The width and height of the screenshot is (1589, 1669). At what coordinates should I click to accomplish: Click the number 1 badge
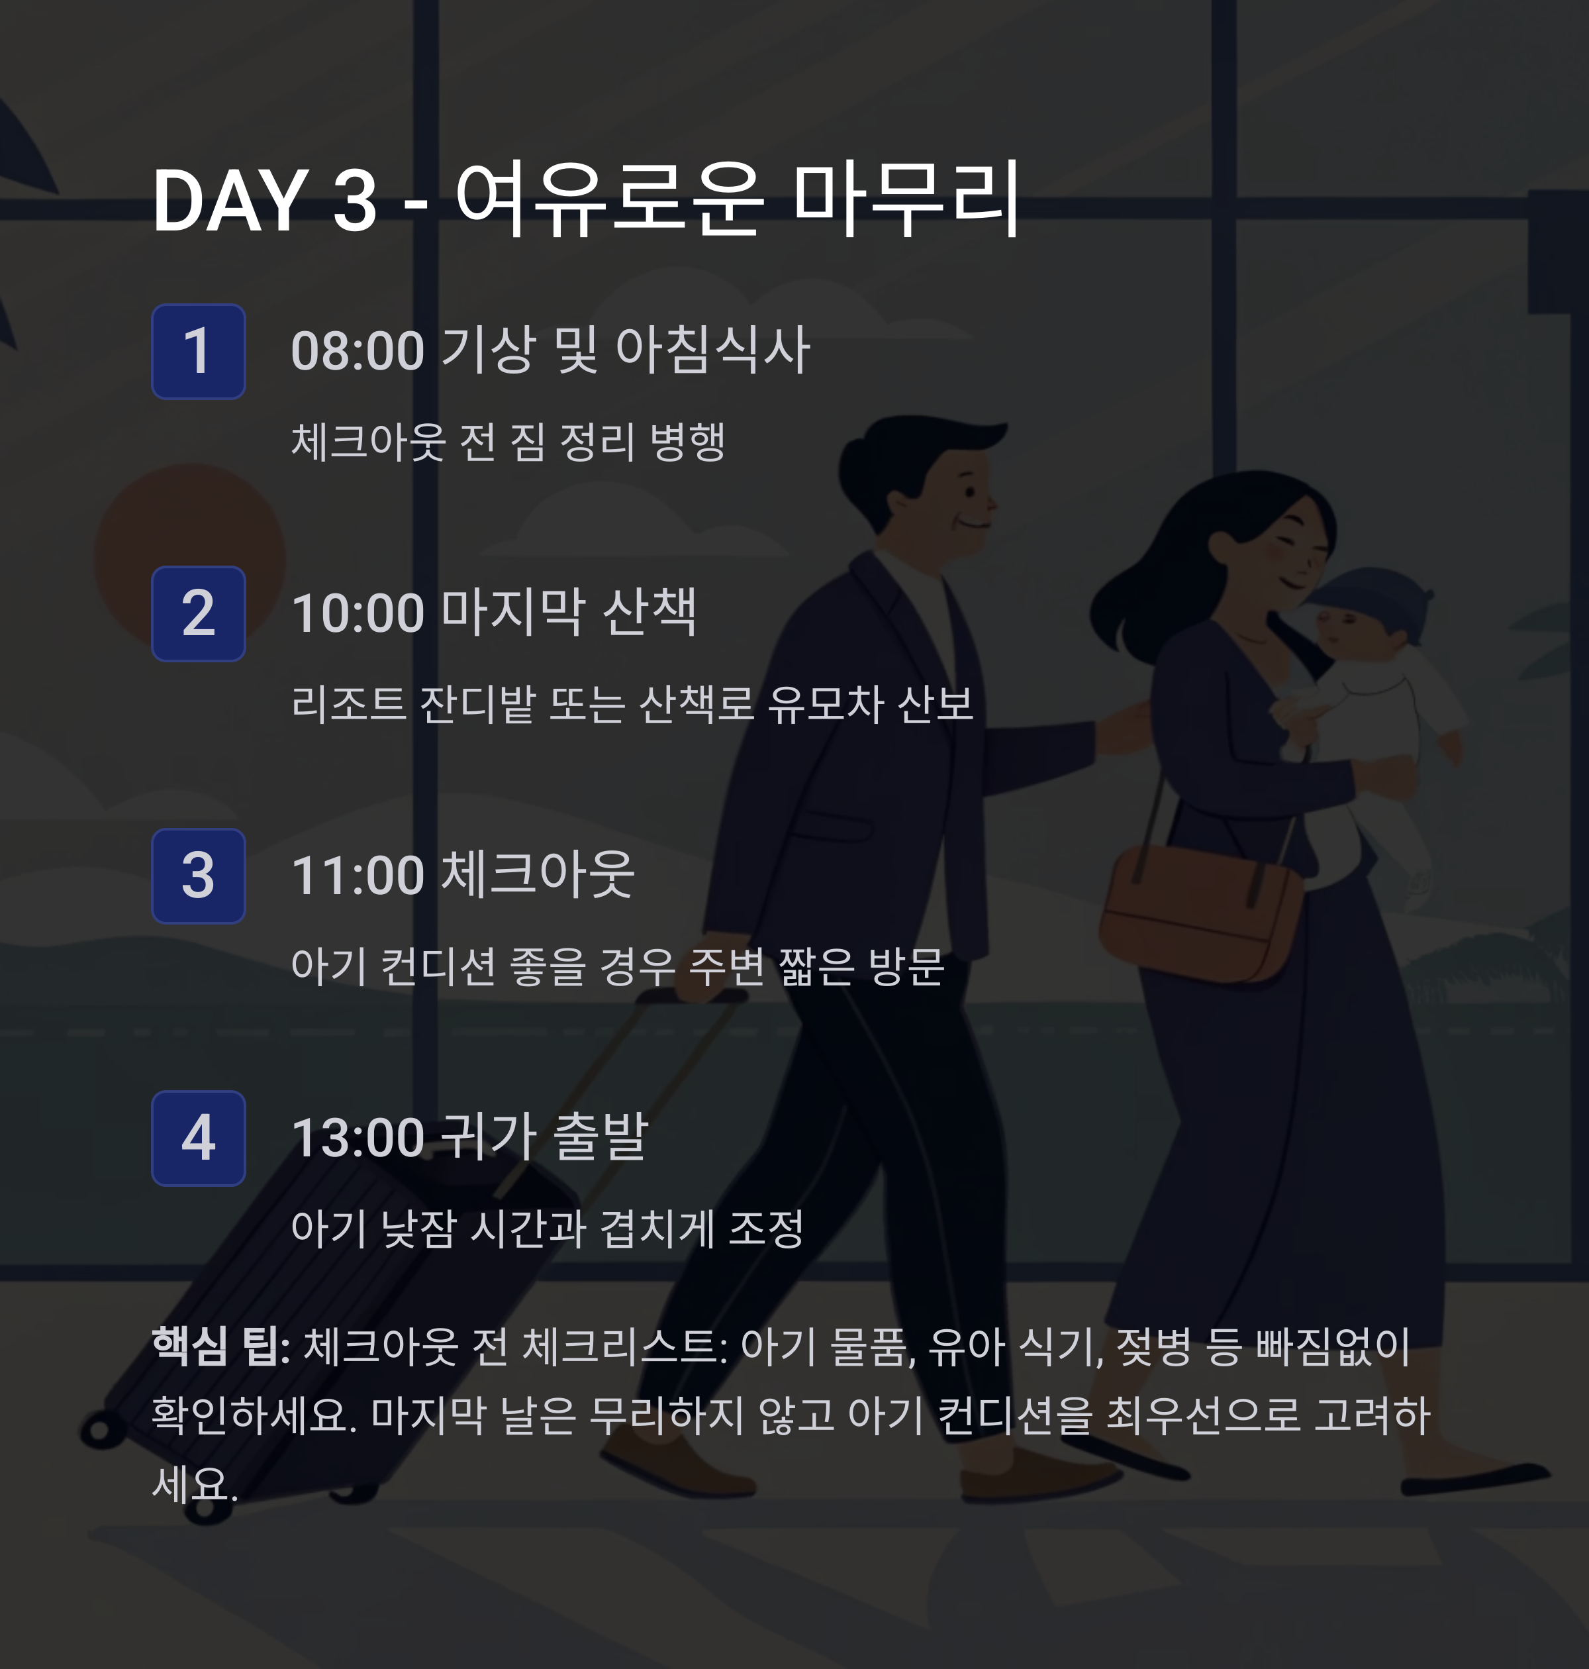(x=198, y=351)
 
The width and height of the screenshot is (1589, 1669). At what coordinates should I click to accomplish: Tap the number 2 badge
(x=198, y=613)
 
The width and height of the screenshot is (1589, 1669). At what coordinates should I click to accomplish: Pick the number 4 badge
(x=198, y=1138)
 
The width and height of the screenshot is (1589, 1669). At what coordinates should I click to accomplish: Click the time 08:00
(x=358, y=351)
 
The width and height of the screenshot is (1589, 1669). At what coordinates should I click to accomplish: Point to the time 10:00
(x=358, y=613)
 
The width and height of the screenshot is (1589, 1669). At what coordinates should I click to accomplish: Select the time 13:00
(x=358, y=1138)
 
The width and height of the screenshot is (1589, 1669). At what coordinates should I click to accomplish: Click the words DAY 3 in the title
(x=264, y=201)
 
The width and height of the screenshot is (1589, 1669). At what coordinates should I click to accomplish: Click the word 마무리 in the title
(x=906, y=200)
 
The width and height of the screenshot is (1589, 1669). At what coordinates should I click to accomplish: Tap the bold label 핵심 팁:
(x=221, y=1347)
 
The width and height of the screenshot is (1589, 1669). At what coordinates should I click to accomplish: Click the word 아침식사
(x=713, y=349)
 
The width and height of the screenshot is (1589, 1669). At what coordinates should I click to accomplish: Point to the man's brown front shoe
(x=677, y=1470)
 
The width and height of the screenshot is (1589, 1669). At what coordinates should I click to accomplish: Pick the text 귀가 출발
(x=546, y=1137)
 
